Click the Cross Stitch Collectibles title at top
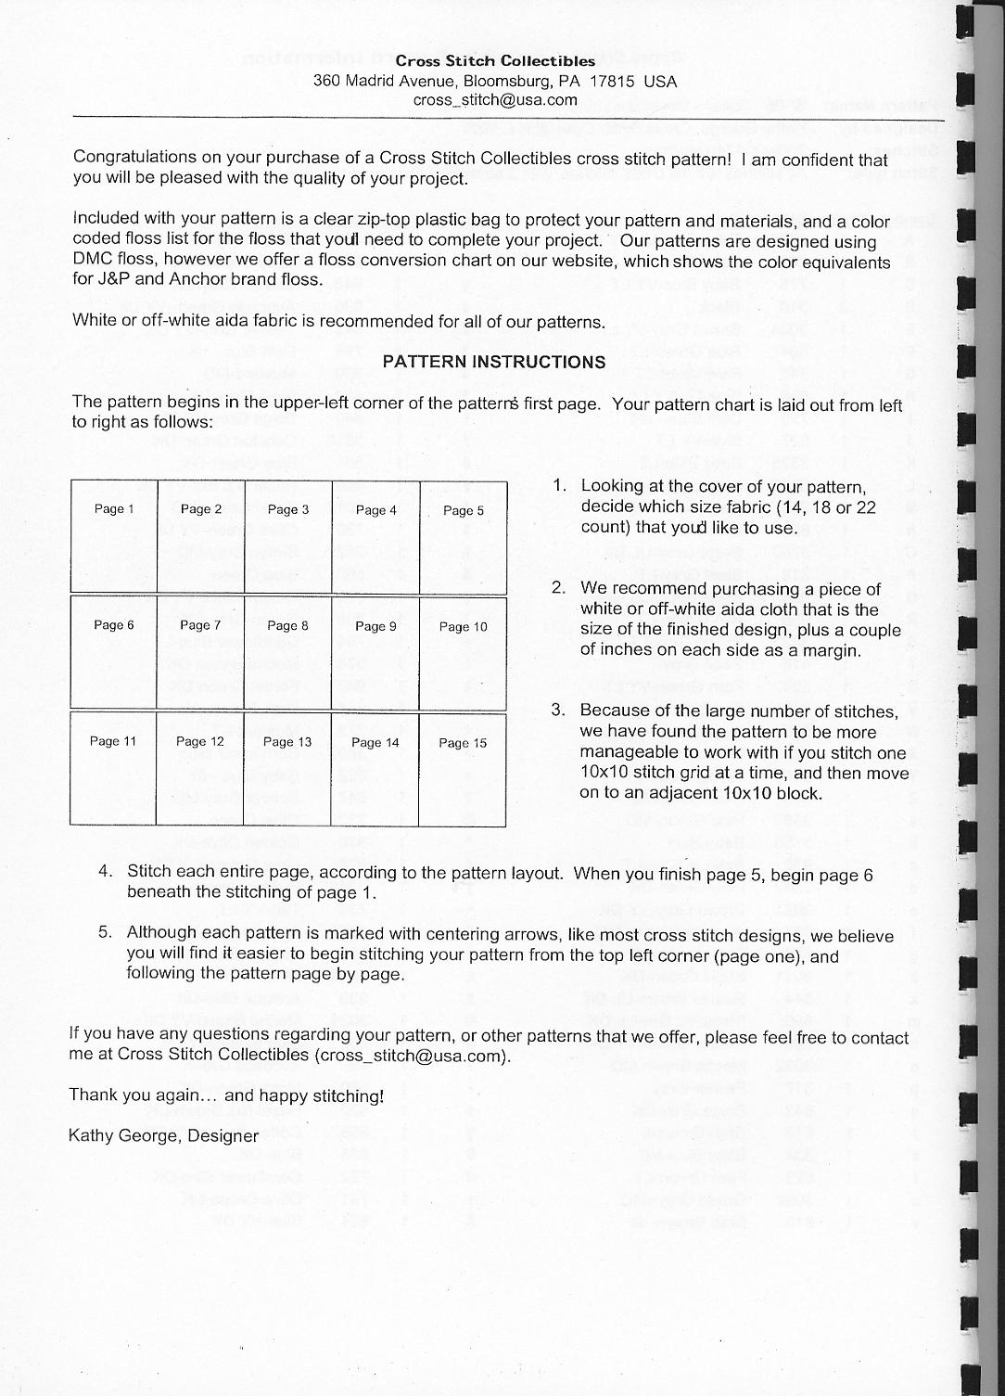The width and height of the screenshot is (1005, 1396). click(495, 61)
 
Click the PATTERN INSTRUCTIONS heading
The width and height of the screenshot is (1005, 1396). click(494, 362)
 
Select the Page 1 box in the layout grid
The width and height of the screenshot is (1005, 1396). click(114, 536)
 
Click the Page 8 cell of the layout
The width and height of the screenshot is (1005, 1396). click(287, 652)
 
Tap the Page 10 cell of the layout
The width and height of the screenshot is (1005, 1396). click(463, 652)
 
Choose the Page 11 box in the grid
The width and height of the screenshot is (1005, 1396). click(113, 769)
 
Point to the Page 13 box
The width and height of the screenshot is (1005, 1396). click(287, 769)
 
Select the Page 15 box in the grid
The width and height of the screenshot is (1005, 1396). click(462, 769)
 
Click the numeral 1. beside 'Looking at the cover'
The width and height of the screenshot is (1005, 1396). click(559, 486)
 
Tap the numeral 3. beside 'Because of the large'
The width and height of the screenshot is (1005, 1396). click(558, 711)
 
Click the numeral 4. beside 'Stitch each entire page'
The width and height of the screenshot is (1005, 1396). click(106, 872)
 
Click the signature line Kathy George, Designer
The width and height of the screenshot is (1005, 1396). click(164, 1135)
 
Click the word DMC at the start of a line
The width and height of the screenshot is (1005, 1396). click(91, 261)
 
